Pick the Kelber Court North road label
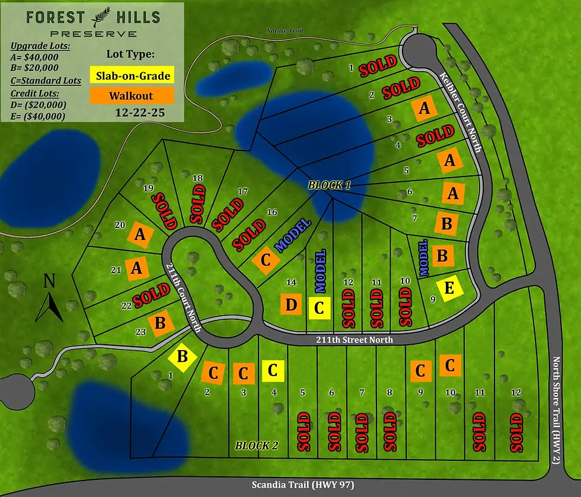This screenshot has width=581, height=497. point(459,110)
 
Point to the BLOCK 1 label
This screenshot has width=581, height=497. point(329,185)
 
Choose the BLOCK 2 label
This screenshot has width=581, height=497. point(256,445)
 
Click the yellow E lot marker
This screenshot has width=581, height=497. point(449,288)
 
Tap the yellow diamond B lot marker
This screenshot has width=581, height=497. point(183,357)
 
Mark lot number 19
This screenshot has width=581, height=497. point(149,188)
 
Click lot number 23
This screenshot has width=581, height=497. point(140,332)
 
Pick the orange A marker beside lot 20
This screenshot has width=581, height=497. point(140,235)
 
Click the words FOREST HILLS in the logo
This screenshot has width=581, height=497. point(93,17)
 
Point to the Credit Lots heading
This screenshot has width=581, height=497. point(37,93)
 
